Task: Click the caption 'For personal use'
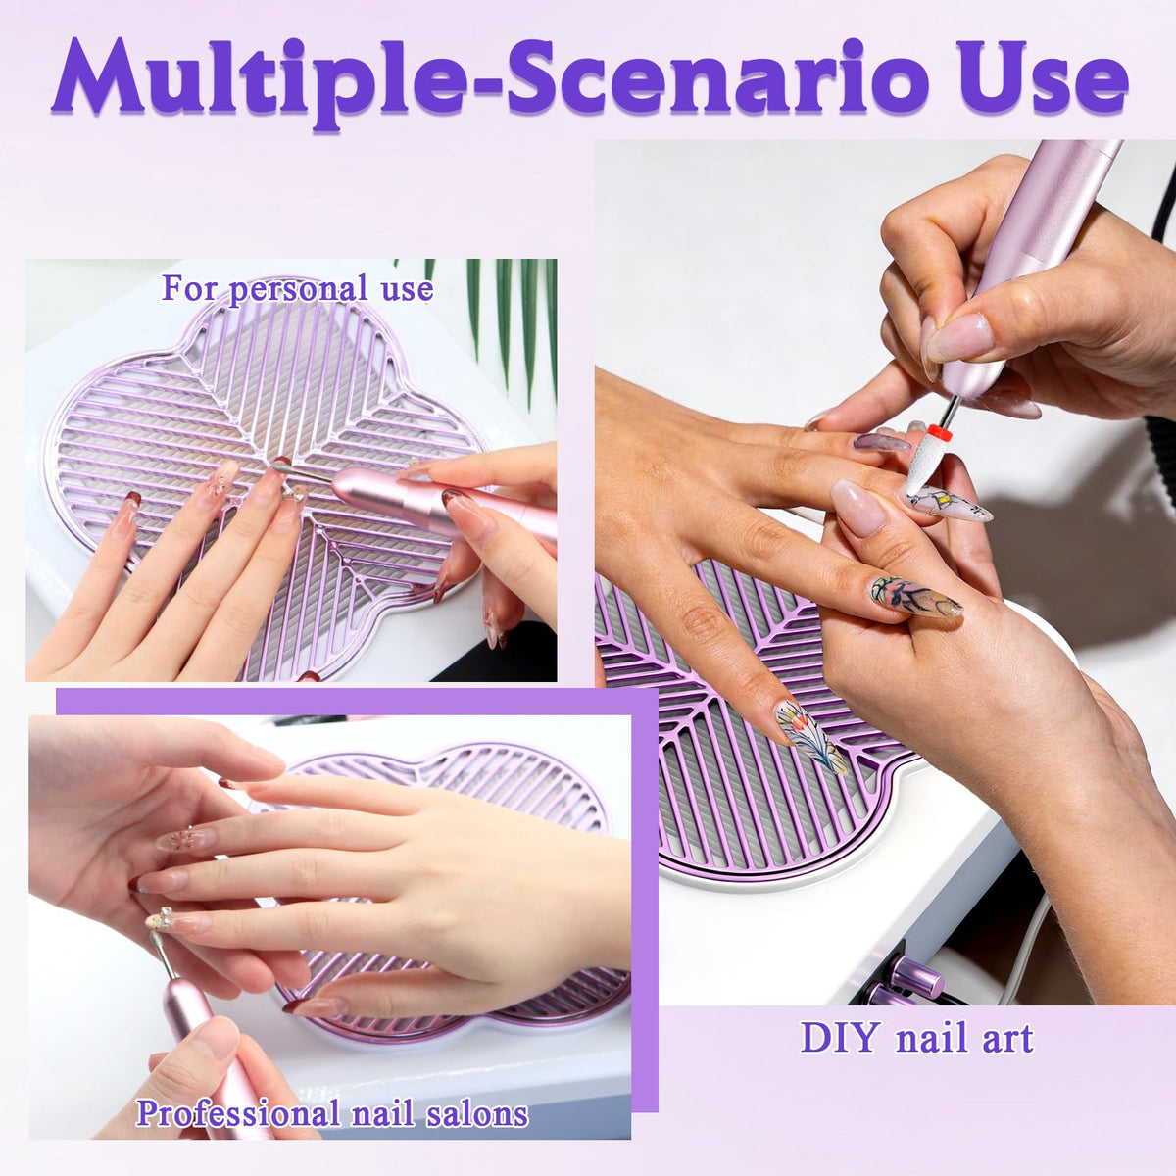297,288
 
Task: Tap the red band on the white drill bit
941,432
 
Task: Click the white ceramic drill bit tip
923,464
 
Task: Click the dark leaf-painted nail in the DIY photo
914,597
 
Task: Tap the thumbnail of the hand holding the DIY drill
960,338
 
